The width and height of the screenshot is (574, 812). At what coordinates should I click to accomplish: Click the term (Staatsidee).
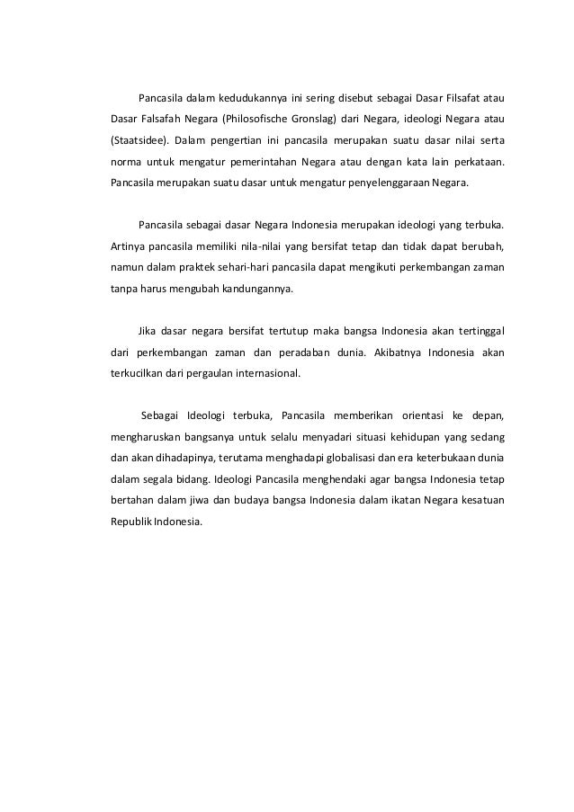[136, 142]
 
